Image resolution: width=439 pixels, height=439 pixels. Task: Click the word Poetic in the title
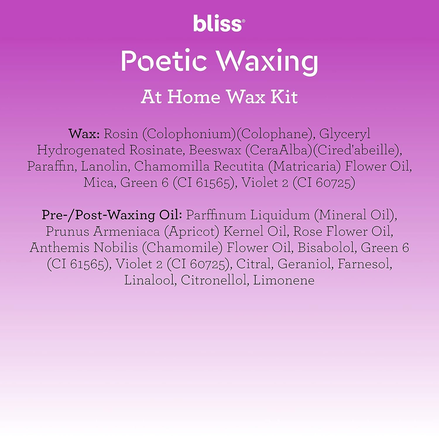[164, 61]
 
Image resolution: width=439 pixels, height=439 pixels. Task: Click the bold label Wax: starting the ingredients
[85, 134]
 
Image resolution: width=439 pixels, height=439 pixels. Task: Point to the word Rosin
[121, 134]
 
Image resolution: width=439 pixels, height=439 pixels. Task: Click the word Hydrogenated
[81, 151]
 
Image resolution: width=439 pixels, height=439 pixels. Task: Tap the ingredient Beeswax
[215, 150]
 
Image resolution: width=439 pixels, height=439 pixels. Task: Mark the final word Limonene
[284, 280]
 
